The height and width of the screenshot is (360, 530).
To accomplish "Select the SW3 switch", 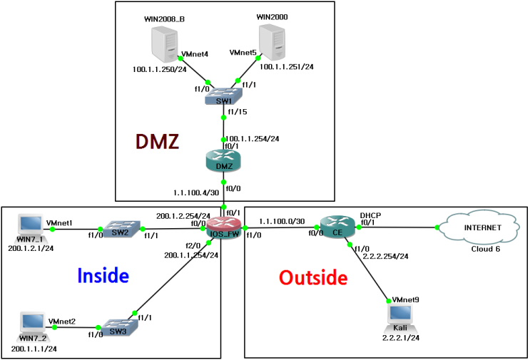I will (116, 327).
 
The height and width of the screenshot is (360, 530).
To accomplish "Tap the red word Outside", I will (313, 277).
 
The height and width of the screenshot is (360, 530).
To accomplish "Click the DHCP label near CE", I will (371, 214).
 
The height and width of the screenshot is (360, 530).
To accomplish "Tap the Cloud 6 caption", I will (486, 249).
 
